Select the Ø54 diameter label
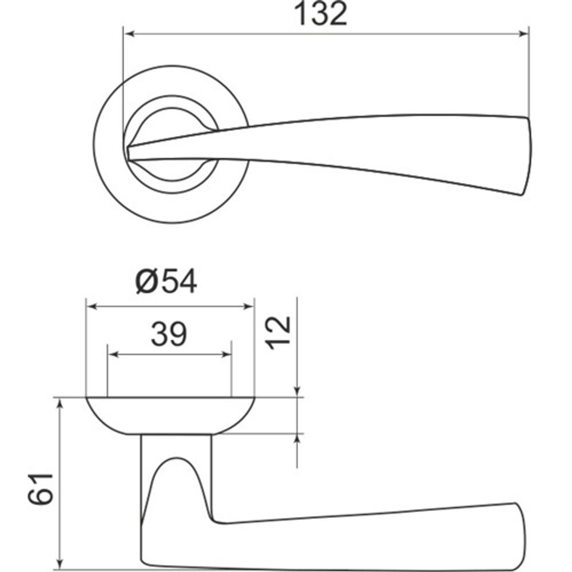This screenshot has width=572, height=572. (166, 281)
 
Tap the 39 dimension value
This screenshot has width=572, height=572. (169, 335)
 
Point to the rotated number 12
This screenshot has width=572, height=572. (280, 332)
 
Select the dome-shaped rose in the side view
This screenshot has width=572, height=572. (170, 415)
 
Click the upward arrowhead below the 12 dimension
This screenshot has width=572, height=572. (297, 440)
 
